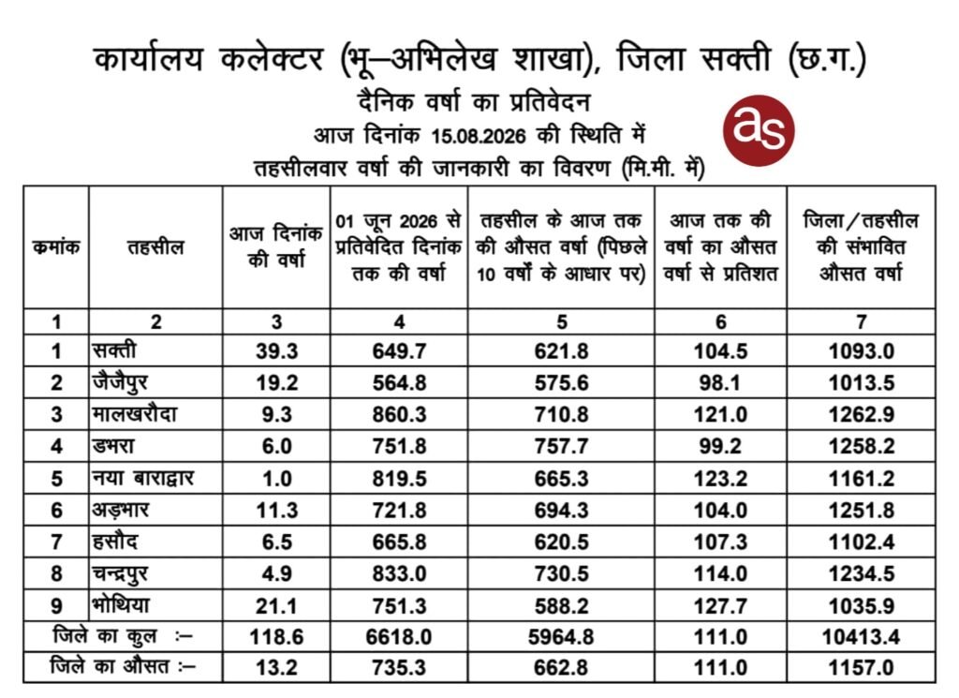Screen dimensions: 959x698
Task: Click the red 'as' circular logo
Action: click(759, 130)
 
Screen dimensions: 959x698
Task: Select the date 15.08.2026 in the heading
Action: click(479, 136)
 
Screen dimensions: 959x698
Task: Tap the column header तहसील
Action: click(155, 247)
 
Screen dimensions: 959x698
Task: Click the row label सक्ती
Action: click(114, 350)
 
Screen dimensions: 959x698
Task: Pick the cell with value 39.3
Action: click(276, 351)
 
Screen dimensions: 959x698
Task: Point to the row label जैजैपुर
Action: click(120, 383)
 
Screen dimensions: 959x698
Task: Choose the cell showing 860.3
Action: click(399, 415)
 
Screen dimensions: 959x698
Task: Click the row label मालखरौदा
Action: click(135, 414)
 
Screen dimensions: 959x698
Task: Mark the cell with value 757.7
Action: click(562, 447)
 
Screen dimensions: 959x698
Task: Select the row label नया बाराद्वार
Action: click(143, 478)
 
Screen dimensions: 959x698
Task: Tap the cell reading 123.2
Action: click(720, 479)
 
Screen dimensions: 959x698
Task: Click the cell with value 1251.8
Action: click(862, 511)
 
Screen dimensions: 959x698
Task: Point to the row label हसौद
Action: click(115, 542)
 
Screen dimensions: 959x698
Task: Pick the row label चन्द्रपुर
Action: click(120, 573)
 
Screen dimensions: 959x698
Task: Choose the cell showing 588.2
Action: click(562, 605)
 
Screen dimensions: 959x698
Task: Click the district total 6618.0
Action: click(399, 637)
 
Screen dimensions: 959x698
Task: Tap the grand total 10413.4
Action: click(862, 637)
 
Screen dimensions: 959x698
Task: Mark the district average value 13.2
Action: click(276, 667)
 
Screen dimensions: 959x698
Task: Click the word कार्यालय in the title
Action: click(149, 60)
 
